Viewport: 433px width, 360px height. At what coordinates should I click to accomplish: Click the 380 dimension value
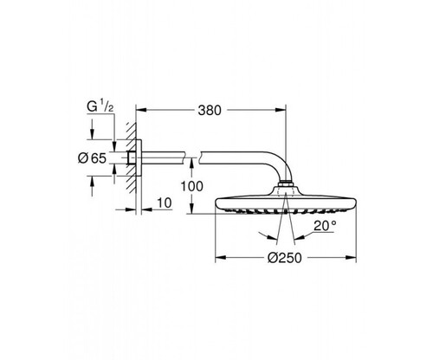click(210, 110)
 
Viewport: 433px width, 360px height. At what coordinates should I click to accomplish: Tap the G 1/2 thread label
click(100, 106)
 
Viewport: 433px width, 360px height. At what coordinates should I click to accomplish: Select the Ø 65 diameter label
click(93, 158)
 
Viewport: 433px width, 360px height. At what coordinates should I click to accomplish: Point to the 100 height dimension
click(192, 186)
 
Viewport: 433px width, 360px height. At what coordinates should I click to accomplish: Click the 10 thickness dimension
click(165, 202)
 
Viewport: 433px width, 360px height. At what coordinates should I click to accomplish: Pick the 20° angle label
click(325, 226)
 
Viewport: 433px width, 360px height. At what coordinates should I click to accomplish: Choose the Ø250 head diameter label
click(285, 258)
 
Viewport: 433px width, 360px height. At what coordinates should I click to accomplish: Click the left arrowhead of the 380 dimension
click(141, 110)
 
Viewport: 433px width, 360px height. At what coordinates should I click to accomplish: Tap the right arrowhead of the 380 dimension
click(281, 110)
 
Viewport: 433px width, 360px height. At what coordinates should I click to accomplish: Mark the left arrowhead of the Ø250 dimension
click(221, 257)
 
